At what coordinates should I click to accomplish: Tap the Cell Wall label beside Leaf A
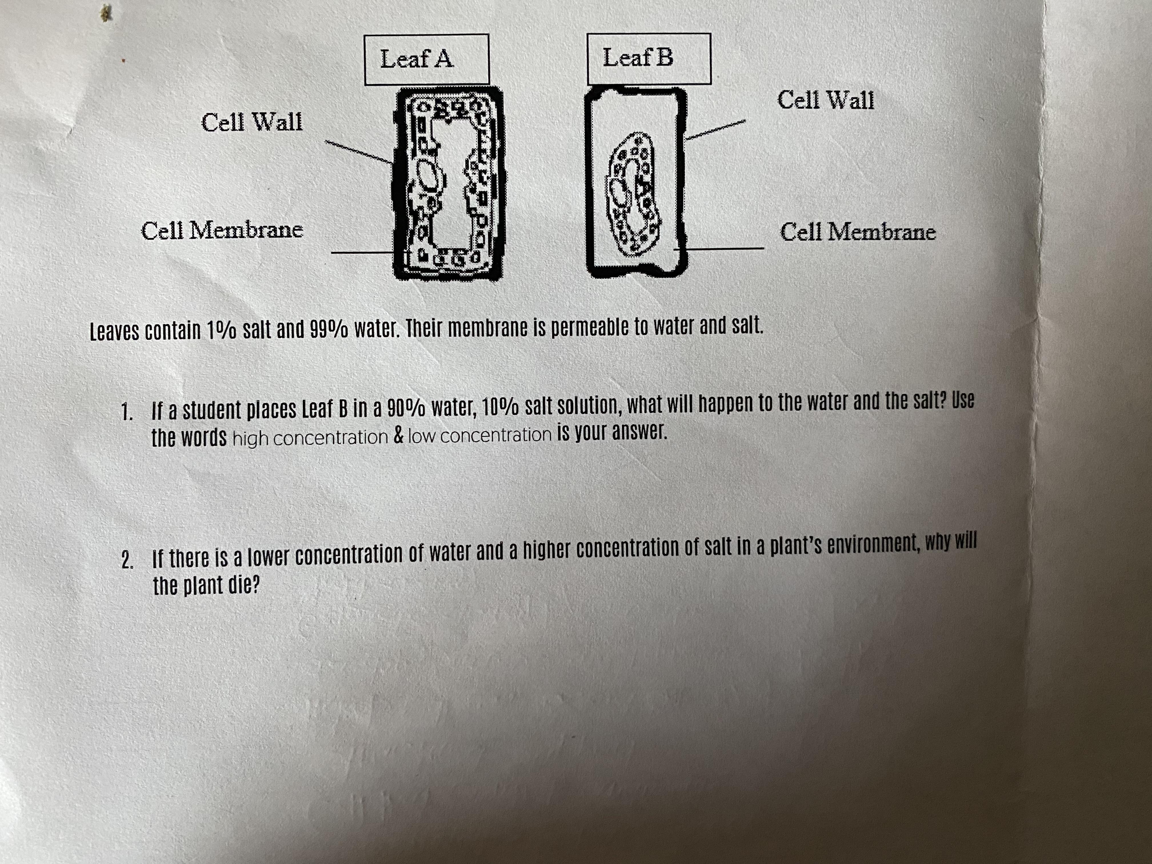(251, 122)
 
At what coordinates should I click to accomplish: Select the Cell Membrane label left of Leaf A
(222, 230)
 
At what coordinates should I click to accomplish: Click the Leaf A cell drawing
(448, 183)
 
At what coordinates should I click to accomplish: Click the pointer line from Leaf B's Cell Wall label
(715, 130)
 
